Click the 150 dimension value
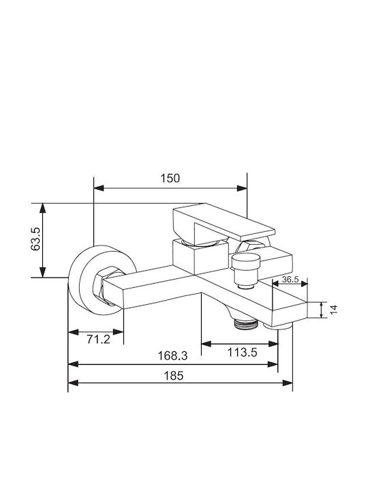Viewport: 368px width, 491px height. tap(170, 179)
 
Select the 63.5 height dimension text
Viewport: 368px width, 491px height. tap(35, 239)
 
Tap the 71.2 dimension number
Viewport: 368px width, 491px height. tap(99, 339)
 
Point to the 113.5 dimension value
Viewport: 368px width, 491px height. tap(242, 353)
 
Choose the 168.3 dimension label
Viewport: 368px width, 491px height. tap(172, 356)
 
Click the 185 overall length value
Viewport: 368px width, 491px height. tap(174, 376)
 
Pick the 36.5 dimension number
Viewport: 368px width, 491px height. tap(290, 280)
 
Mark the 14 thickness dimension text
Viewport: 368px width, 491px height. tap(334, 310)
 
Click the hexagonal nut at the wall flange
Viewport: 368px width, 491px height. tap(105, 285)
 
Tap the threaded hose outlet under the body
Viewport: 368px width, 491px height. tap(245, 323)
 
